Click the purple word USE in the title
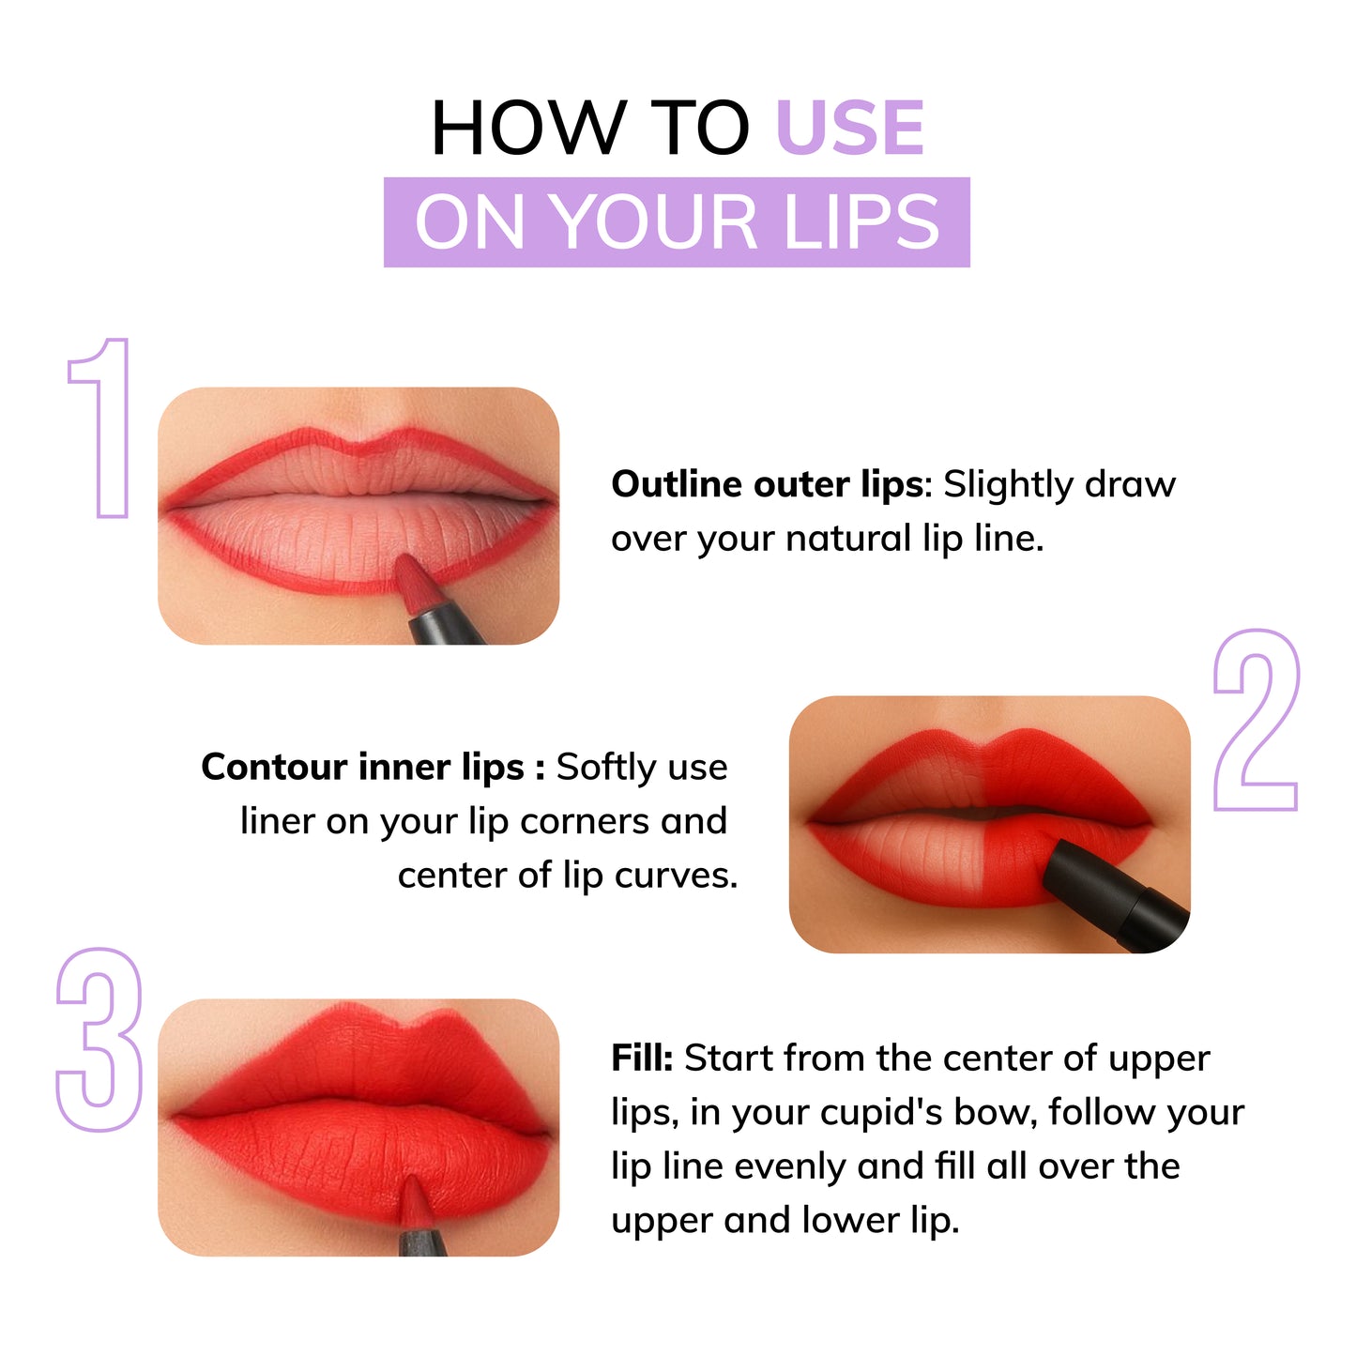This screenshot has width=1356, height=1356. [x=850, y=129]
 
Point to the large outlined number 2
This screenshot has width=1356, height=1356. [x=1256, y=720]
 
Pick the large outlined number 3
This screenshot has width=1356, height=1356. [x=99, y=1040]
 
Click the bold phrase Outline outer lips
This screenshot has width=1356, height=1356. [x=767, y=485]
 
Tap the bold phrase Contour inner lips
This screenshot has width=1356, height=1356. [x=362, y=768]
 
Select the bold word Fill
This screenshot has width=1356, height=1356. [x=641, y=1059]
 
